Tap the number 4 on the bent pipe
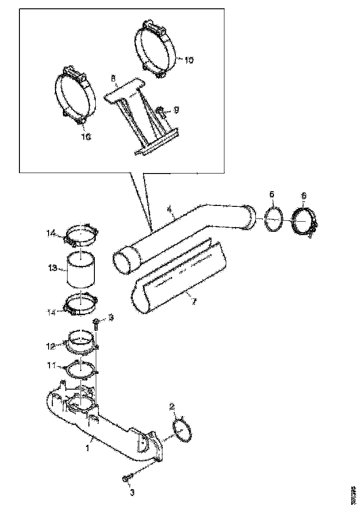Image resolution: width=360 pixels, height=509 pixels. click(x=170, y=210)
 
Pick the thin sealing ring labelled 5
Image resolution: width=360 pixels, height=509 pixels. click(x=273, y=218)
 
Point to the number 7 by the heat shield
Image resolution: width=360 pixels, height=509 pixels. click(x=194, y=302)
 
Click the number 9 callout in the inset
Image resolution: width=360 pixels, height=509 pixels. click(x=176, y=110)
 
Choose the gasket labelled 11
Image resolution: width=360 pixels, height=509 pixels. click(x=81, y=369)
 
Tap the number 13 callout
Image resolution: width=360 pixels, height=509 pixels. click(x=52, y=268)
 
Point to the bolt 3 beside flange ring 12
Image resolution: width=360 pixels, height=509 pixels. click(x=95, y=323)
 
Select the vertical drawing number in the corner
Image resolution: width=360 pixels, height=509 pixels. click(x=354, y=495)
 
